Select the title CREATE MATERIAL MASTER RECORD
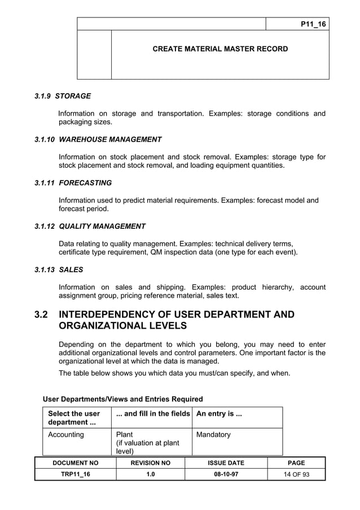pyautogui.click(x=220, y=49)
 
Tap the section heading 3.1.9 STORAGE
pyautogui.click(x=63, y=96)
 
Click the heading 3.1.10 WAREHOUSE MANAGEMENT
pyautogui.click(x=98, y=140)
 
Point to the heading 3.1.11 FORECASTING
pyautogui.click(x=73, y=183)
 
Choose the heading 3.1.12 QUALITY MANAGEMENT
pyautogui.click(x=90, y=226)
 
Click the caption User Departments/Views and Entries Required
pyautogui.click(x=123, y=399)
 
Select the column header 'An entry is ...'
pyautogui.click(x=219, y=414)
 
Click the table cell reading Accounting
pyautogui.click(x=66, y=435)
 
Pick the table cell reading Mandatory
pyautogui.click(x=213, y=435)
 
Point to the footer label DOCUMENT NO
pyautogui.click(x=75, y=463)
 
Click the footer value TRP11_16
pyautogui.click(x=75, y=474)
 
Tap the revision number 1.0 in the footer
pyautogui.click(x=150, y=474)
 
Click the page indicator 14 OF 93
pyautogui.click(x=296, y=474)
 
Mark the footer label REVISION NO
pyautogui.click(x=150, y=463)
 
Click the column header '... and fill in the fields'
pyautogui.click(x=152, y=414)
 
